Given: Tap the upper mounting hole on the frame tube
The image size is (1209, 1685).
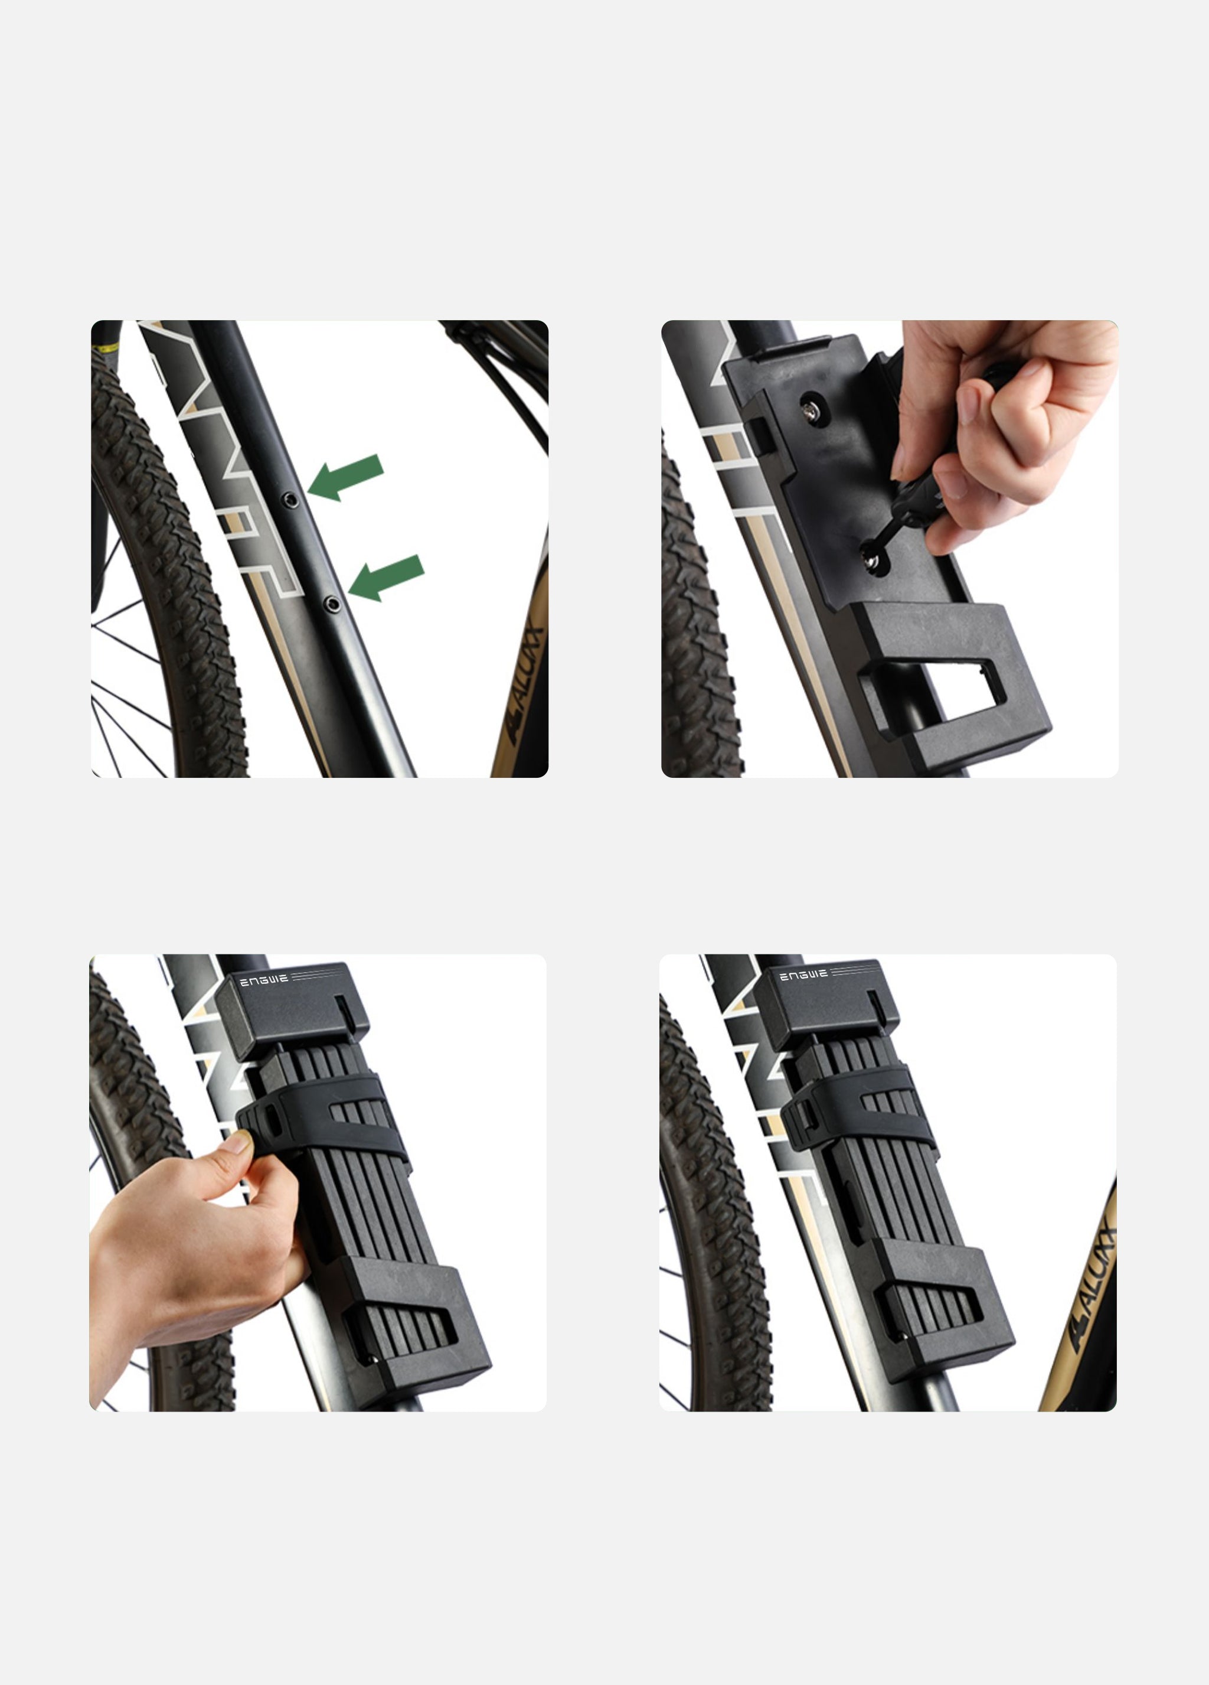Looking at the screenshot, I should (x=292, y=500).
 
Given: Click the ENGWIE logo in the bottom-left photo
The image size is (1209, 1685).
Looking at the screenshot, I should (x=264, y=982).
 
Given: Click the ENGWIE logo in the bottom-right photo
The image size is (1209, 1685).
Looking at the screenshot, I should (x=803, y=975).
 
